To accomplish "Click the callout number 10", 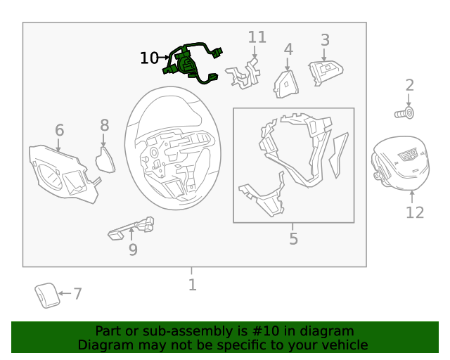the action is point(149,58).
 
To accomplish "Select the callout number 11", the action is point(257,37).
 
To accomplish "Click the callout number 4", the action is point(288,49).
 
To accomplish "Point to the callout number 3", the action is point(325,40).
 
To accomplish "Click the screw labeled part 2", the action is point(404,112).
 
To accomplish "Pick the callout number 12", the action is point(415,213).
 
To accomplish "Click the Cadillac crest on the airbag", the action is point(408,155).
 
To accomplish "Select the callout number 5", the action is point(293,238).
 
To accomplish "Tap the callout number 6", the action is point(59,130).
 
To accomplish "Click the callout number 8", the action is point(105,125).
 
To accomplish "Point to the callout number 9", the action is point(133,250).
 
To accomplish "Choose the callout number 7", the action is point(78,294).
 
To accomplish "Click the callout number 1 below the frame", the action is point(193,285).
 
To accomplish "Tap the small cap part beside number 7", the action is point(47,296).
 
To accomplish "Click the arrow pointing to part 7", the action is point(65,293).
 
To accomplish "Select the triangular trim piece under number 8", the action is point(105,160).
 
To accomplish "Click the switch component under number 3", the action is point(326,72).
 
